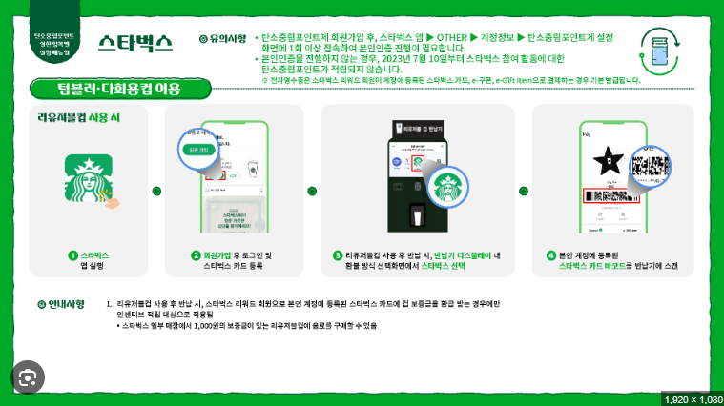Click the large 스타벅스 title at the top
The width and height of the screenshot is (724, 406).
(x=134, y=43)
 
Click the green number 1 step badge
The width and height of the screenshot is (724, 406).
(x=72, y=255)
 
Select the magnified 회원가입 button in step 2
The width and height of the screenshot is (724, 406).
(x=199, y=150)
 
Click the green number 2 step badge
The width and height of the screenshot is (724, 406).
(x=196, y=255)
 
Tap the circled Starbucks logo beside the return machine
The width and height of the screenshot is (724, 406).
(x=447, y=186)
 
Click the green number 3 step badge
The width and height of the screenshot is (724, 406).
(x=338, y=255)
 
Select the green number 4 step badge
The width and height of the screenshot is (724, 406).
(x=551, y=255)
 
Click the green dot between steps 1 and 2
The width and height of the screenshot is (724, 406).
(x=156, y=190)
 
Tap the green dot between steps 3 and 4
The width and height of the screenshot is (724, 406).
(x=523, y=190)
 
